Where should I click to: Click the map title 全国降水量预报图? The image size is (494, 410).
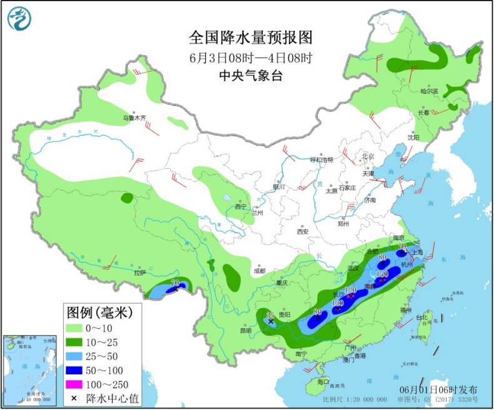tap(250, 37)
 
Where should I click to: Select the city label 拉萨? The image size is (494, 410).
tap(139, 272)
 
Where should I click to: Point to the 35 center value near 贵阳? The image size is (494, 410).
tap(271, 316)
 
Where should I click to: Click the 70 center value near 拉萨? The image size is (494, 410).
tap(174, 283)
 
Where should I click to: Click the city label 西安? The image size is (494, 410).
tap(303, 231)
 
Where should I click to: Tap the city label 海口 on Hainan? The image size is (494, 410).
tap(323, 381)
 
